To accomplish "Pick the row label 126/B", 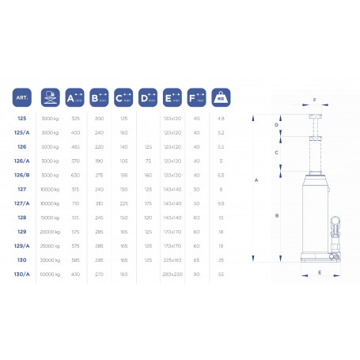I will [x=21, y=175].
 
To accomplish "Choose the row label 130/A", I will [x=21, y=275].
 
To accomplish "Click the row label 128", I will [x=21, y=218].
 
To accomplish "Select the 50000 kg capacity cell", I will [x=50, y=275].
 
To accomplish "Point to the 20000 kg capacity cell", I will [x=50, y=232].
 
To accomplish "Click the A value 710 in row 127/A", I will [x=75, y=203].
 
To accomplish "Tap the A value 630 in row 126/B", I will [x=75, y=175].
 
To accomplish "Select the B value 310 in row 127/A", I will [x=99, y=203].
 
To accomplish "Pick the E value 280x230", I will [x=172, y=275].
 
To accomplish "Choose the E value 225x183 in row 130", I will [x=172, y=260].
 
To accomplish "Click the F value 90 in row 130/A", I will [x=196, y=275].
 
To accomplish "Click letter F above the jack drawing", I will [x=314, y=100].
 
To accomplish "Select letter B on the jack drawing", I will [x=275, y=214].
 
